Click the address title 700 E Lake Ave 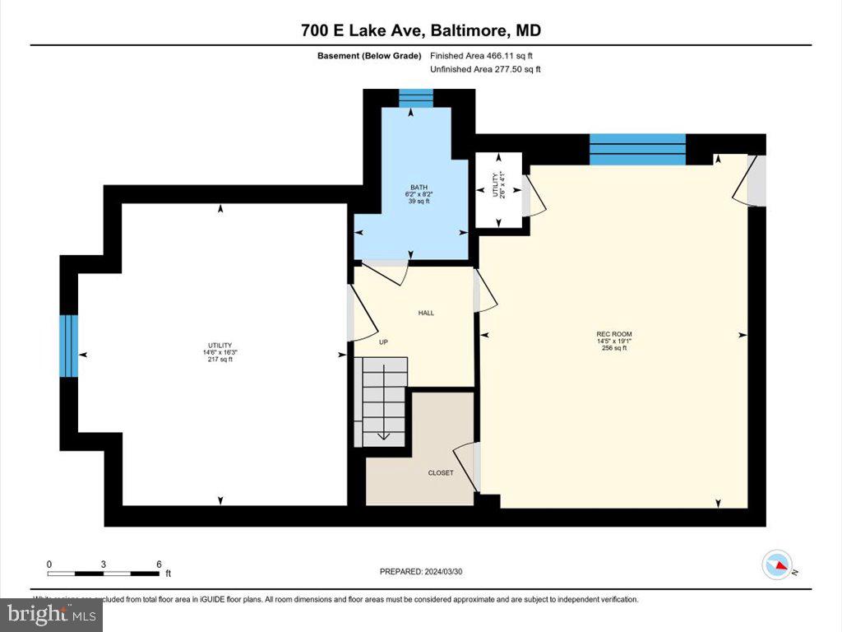(x=421, y=31)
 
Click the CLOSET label (x=441, y=473)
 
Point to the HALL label (x=426, y=313)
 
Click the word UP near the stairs (x=383, y=342)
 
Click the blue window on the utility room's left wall (x=69, y=346)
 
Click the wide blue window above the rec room (x=637, y=149)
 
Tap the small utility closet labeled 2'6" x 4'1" (x=498, y=189)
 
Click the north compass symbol (x=778, y=565)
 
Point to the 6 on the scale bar (x=159, y=565)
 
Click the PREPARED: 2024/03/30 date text (x=420, y=571)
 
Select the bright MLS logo (x=51, y=614)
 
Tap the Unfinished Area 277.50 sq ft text (x=485, y=70)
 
